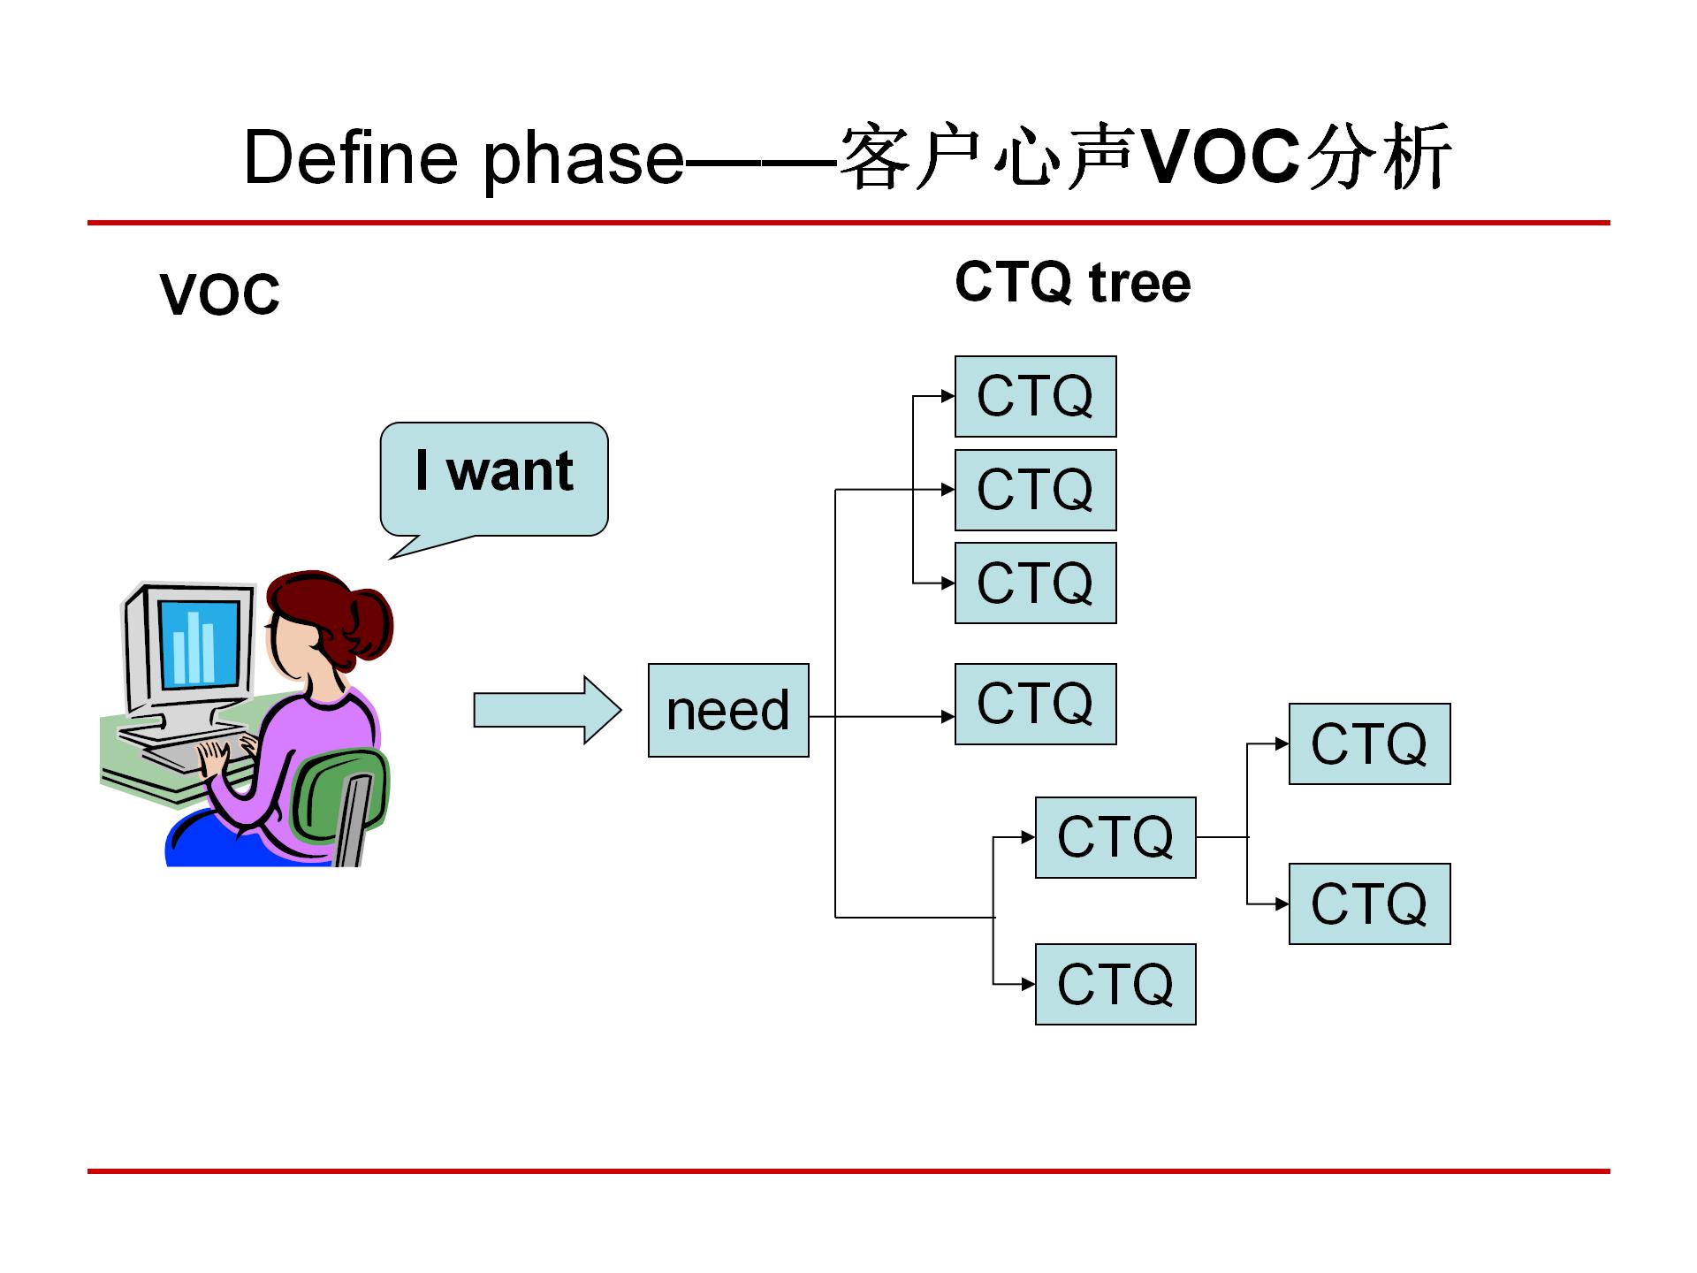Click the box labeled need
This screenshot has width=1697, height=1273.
coord(728,710)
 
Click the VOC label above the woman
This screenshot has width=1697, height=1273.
coord(220,294)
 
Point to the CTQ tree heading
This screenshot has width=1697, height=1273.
coord(1072,283)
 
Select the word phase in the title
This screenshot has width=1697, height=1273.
coord(583,160)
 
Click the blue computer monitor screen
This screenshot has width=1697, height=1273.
coord(198,643)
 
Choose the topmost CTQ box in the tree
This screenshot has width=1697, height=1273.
coord(1035,396)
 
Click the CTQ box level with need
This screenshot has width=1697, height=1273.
coord(1035,704)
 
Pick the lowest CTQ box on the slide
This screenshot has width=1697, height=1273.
coord(1115,984)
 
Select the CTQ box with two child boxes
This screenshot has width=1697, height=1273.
coord(1115,837)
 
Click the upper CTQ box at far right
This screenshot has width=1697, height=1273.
coord(1369,743)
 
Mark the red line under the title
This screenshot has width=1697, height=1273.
coord(848,223)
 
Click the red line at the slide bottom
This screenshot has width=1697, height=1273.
coord(848,1171)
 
